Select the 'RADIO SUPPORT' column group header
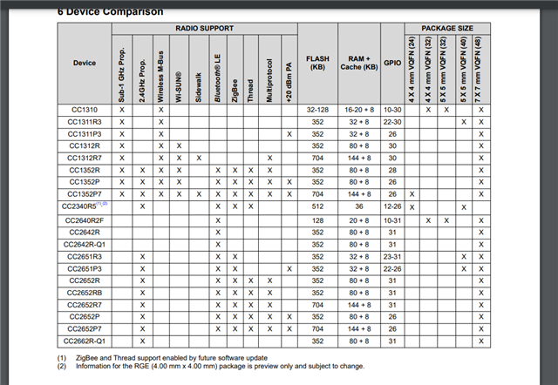pos(204,29)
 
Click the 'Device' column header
pos(85,63)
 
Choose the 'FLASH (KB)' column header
pos(317,64)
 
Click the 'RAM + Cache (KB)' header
pos(357,64)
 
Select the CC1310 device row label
pos(85,110)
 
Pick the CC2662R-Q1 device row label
pos(85,341)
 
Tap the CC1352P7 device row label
pos(85,194)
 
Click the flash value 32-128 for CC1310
pos(317,110)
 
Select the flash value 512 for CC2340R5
pos(317,207)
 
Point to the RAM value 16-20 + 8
pos(357,110)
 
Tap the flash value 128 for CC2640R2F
pos(317,220)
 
